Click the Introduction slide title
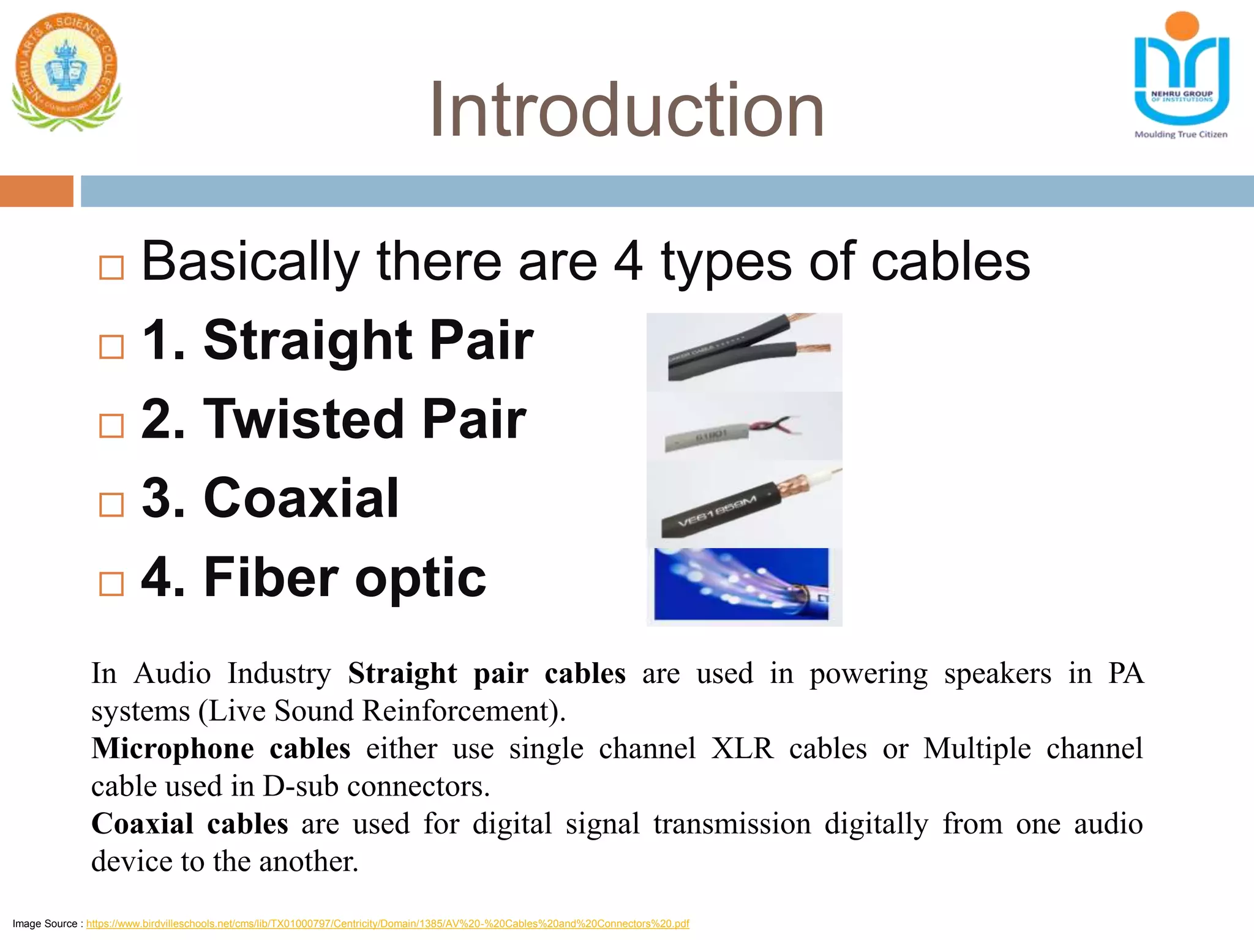[x=626, y=110]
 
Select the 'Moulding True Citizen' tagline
[x=1181, y=135]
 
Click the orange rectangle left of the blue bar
[x=36, y=191]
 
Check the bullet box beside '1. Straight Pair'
[x=111, y=346]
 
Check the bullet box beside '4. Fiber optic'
[x=111, y=584]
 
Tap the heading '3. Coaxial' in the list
[x=270, y=498]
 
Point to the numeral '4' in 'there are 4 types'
[x=628, y=262]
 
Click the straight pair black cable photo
[x=744, y=352]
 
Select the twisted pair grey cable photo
[x=744, y=427]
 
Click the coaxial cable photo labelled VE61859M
[x=744, y=504]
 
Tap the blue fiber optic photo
[x=741, y=584]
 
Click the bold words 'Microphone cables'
[x=220, y=749]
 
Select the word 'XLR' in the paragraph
[x=742, y=749]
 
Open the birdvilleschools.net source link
[x=387, y=923]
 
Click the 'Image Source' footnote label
[x=45, y=923]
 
